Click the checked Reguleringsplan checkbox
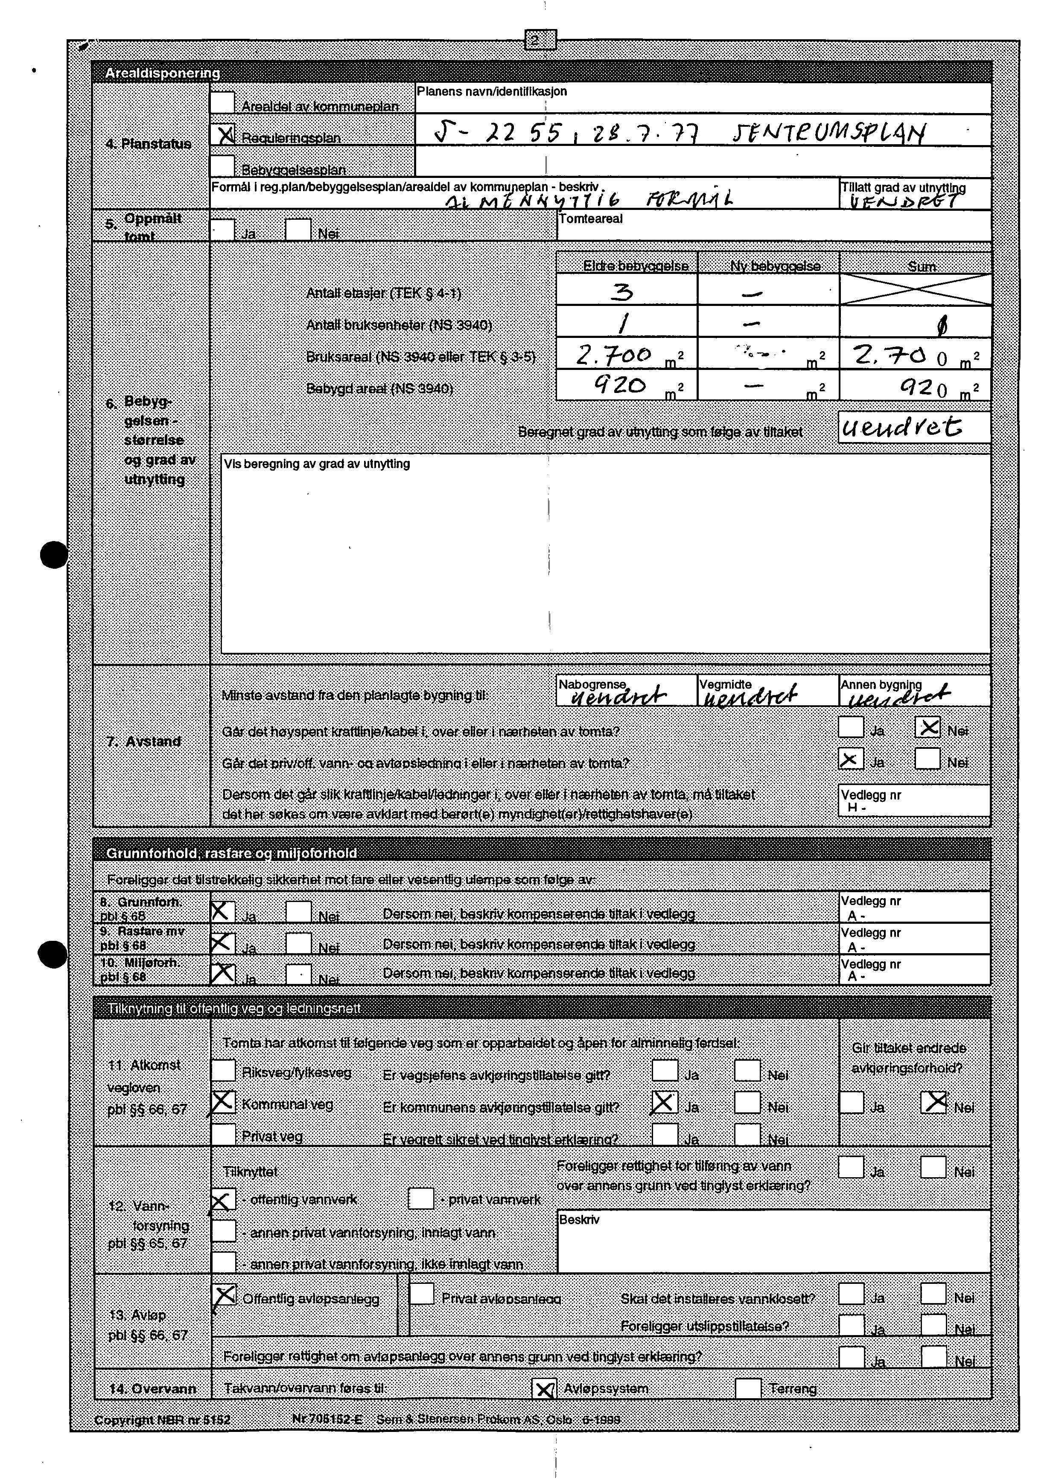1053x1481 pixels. tap(223, 134)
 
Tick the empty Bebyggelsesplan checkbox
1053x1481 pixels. tap(223, 166)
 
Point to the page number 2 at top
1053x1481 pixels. tap(540, 40)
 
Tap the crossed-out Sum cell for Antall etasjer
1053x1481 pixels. tap(915, 289)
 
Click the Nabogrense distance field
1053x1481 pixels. tap(626, 691)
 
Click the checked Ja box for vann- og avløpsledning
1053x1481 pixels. tap(850, 759)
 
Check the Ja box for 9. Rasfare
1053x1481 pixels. tap(222, 943)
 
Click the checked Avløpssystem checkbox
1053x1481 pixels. tap(544, 1389)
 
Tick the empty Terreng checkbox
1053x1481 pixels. tap(748, 1388)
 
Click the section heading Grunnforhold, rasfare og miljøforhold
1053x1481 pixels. tap(231, 853)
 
